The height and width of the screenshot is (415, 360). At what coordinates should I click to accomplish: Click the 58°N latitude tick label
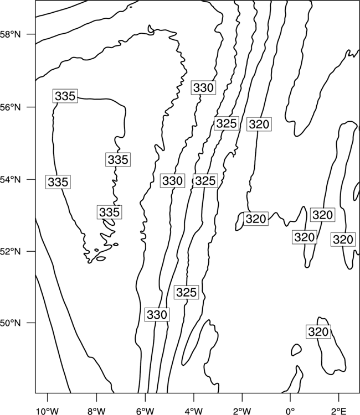[x=10, y=34]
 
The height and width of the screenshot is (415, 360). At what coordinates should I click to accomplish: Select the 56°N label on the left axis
[x=10, y=107]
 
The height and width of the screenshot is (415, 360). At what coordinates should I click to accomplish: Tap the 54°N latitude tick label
[x=10, y=180]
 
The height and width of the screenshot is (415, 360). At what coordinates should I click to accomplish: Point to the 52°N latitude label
[x=10, y=251]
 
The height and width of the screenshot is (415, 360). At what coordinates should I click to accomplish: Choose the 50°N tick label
[x=10, y=323]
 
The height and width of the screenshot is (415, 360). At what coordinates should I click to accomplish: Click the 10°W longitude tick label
[x=48, y=411]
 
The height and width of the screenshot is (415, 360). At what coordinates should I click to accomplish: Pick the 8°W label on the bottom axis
[x=96, y=411]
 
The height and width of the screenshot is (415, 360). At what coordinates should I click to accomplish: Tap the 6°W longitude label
[x=145, y=411]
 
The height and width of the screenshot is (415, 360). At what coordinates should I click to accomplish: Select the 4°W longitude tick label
[x=193, y=411]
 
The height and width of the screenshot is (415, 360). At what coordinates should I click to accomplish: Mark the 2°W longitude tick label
[x=242, y=411]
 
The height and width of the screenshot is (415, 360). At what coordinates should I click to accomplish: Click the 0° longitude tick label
[x=290, y=411]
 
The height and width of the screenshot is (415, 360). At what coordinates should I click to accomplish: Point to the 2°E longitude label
[x=339, y=411]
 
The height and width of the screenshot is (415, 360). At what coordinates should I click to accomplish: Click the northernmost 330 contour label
[x=203, y=87]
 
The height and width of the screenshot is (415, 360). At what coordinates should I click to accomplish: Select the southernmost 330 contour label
[x=157, y=315]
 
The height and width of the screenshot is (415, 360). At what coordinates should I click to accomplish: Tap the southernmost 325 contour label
[x=187, y=292]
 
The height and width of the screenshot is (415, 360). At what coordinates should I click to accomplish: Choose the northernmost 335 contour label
[x=65, y=96]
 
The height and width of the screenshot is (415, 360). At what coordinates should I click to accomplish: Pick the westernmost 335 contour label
[x=58, y=182]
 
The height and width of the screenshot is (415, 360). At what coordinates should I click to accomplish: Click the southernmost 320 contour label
[x=318, y=331]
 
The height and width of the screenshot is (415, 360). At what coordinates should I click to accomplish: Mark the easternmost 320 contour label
[x=343, y=239]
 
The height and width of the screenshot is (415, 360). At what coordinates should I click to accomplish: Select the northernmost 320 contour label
[x=259, y=124]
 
